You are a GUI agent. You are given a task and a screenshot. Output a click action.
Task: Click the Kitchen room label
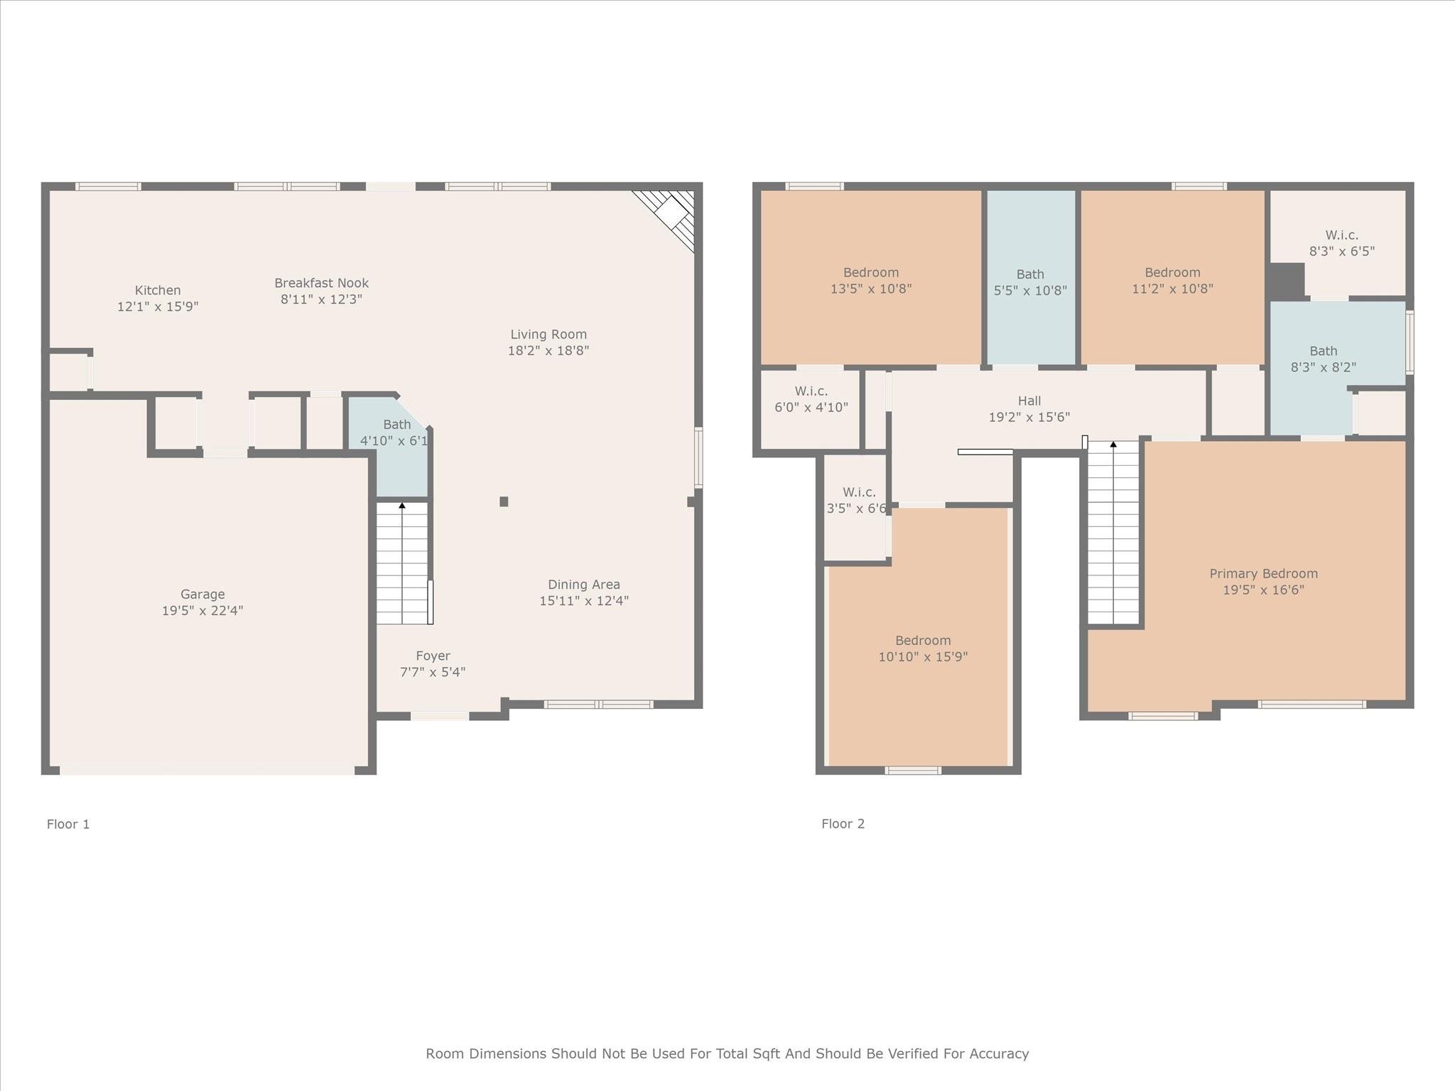(158, 291)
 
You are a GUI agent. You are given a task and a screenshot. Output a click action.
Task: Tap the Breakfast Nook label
(321, 283)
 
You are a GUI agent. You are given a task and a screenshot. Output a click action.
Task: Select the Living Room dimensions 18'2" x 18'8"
(548, 350)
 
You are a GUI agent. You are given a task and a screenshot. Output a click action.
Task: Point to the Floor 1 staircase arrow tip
(402, 506)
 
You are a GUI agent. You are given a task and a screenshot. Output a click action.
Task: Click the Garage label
(202, 595)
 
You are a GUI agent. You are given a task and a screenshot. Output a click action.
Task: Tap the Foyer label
(433, 656)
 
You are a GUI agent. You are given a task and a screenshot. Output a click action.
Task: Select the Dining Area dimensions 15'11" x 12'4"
(583, 601)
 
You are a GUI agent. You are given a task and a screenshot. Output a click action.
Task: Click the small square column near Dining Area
(504, 501)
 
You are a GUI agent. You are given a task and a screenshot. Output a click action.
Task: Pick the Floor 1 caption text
(68, 824)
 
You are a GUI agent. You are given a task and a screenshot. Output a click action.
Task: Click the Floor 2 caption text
(843, 824)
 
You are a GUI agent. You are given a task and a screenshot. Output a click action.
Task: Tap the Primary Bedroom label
(1263, 573)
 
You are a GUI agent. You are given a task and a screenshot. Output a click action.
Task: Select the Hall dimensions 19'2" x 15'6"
(1029, 417)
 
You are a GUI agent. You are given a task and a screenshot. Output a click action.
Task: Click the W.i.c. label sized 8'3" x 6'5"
(1341, 235)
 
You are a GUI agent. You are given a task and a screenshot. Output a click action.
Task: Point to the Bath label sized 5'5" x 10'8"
(1030, 274)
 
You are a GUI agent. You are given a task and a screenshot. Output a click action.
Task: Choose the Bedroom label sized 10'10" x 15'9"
(923, 640)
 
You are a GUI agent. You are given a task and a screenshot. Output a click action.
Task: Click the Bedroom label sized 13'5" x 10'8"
(871, 273)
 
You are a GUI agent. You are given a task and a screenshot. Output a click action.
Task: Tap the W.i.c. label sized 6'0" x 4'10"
(811, 391)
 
